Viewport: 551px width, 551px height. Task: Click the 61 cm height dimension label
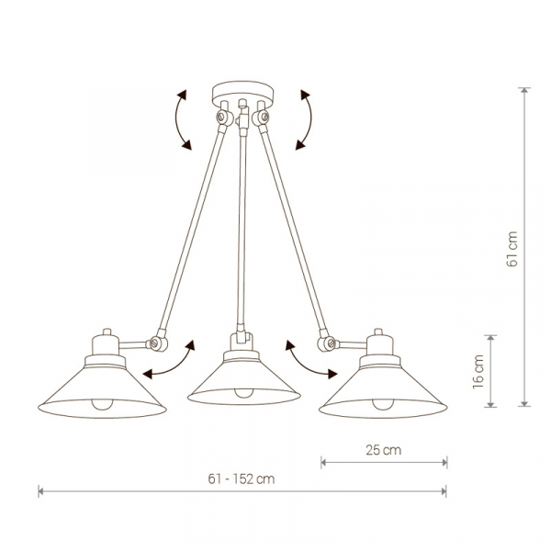pyautogui.click(x=512, y=249)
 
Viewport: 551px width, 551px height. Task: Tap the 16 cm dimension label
pyautogui.click(x=478, y=371)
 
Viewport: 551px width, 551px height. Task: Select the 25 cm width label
pyautogui.click(x=383, y=450)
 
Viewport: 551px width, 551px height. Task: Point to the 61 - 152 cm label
pyautogui.click(x=241, y=479)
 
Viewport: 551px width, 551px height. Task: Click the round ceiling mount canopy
pyautogui.click(x=242, y=94)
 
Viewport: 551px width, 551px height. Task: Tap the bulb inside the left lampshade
pyautogui.click(x=102, y=404)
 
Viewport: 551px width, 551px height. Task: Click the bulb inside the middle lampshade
pyautogui.click(x=243, y=393)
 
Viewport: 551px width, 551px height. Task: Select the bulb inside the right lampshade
pyautogui.click(x=383, y=404)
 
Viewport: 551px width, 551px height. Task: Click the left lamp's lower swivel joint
pyautogui.click(x=158, y=343)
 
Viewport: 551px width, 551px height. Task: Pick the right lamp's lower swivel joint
pyautogui.click(x=327, y=343)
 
